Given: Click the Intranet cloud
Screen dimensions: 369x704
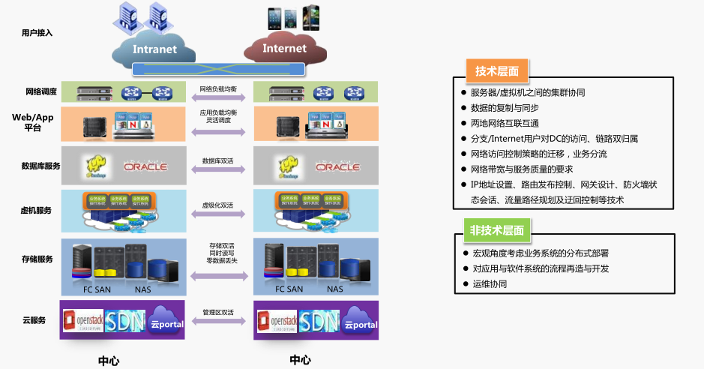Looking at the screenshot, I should click(154, 49).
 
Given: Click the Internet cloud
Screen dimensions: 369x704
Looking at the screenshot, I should click(284, 49).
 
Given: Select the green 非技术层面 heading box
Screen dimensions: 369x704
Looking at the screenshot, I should click(497, 230).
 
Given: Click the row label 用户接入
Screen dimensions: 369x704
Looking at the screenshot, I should click(37, 33).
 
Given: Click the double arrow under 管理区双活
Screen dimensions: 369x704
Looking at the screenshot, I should click(219, 321).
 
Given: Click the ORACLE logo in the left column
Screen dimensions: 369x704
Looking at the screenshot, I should click(145, 166).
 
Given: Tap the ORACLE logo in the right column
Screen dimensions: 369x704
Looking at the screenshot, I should click(337, 166).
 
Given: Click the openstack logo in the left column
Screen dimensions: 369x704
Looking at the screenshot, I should click(82, 321).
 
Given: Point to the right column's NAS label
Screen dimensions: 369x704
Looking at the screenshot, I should click(334, 289).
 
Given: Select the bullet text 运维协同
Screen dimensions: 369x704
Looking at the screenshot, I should click(490, 284).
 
